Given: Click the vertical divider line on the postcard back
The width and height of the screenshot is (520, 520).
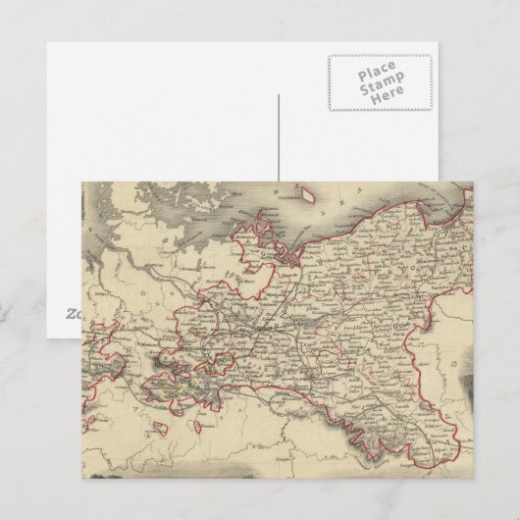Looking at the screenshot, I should point(278,137).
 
